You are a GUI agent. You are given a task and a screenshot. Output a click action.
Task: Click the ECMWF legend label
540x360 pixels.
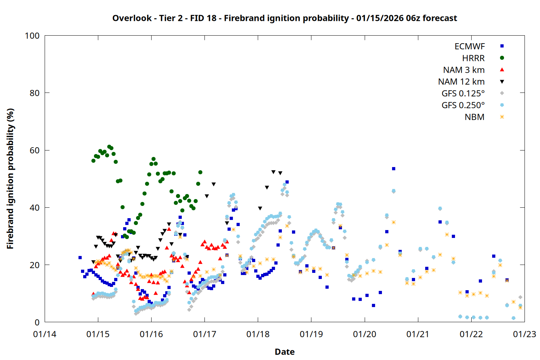coord(469,46)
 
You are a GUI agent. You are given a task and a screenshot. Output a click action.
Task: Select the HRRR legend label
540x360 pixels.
coord(473,58)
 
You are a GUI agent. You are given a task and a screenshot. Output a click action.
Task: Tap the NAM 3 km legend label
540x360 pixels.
coord(464,70)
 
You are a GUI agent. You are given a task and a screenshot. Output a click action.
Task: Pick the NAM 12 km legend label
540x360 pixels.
coord(461,82)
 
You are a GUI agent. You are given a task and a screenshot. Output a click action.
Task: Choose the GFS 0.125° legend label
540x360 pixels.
coord(463,94)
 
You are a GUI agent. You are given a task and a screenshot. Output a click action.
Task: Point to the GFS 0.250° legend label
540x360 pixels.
coord(463,105)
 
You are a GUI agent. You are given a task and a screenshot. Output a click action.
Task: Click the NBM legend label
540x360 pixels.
coord(474,117)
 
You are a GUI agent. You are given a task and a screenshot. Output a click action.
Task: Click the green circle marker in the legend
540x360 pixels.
coord(502,58)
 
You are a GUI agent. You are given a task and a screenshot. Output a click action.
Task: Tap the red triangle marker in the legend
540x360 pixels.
coord(502,69)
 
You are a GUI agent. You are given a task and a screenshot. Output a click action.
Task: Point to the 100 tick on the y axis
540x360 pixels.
coord(32,36)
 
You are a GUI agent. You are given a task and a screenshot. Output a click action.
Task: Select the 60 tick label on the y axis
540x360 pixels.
coord(35,150)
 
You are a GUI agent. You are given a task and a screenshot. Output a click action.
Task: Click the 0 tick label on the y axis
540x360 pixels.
coord(37,323)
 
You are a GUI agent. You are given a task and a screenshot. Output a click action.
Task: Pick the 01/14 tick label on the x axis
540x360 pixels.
coord(45,334)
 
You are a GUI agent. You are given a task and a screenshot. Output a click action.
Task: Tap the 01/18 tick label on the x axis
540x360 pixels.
coord(258,334)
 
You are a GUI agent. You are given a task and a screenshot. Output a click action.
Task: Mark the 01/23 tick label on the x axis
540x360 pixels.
coord(525,334)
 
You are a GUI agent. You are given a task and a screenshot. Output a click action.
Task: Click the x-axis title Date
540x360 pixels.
coord(284,352)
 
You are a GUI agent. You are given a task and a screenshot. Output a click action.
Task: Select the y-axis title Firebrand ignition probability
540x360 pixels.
coord(10,179)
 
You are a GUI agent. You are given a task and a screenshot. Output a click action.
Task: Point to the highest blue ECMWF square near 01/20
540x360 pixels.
coord(393,168)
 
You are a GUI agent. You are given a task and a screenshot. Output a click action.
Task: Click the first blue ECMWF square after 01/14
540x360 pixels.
coord(80,258)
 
